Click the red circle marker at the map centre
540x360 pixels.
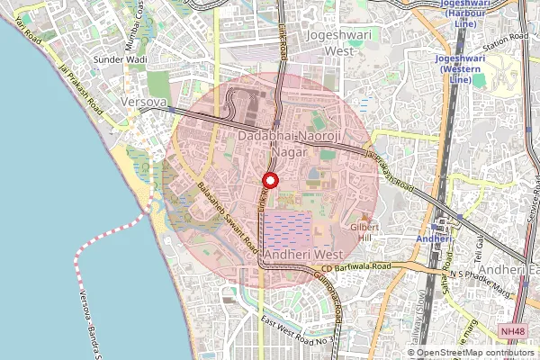coord(269,180)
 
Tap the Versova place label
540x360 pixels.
coord(142,103)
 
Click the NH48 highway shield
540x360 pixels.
coord(513,332)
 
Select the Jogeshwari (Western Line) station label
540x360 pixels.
coord(460,69)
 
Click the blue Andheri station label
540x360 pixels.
coord(433,238)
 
